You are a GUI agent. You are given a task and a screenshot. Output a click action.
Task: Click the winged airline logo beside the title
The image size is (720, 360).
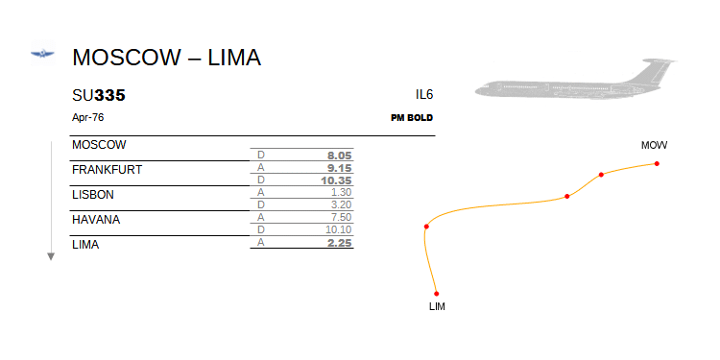[x=42, y=54]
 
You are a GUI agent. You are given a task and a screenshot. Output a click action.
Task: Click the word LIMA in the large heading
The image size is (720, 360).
[x=234, y=58]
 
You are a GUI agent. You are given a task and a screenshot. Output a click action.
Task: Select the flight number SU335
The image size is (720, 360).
[x=99, y=95]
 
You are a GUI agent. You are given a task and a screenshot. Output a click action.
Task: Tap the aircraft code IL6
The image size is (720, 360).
[x=424, y=95]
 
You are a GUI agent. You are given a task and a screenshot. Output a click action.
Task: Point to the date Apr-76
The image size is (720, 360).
[x=87, y=117]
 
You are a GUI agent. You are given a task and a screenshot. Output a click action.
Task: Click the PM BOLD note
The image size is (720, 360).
[x=412, y=118]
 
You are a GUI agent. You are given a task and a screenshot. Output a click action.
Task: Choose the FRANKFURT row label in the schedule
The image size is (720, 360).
[x=107, y=170]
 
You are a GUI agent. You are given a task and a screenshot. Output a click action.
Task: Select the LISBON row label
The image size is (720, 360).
[x=93, y=195]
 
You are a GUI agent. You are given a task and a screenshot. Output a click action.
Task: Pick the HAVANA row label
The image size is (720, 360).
[x=96, y=220]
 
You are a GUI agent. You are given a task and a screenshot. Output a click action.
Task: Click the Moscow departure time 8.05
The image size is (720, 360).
[x=339, y=156]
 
